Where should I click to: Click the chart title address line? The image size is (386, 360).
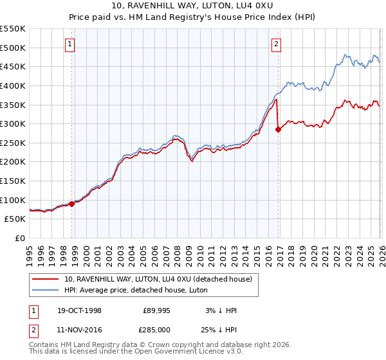(192, 6)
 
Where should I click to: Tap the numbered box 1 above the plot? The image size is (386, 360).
(69, 44)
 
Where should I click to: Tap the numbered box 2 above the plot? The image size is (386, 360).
(276, 44)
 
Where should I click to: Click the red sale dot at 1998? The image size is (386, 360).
(72, 204)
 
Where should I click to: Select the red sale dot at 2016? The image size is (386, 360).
(279, 129)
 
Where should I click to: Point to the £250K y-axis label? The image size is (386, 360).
(13, 143)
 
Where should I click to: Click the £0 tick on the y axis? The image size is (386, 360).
(21, 238)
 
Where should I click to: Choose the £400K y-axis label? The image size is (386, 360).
(13, 85)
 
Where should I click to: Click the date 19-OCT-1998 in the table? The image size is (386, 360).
(78, 310)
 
